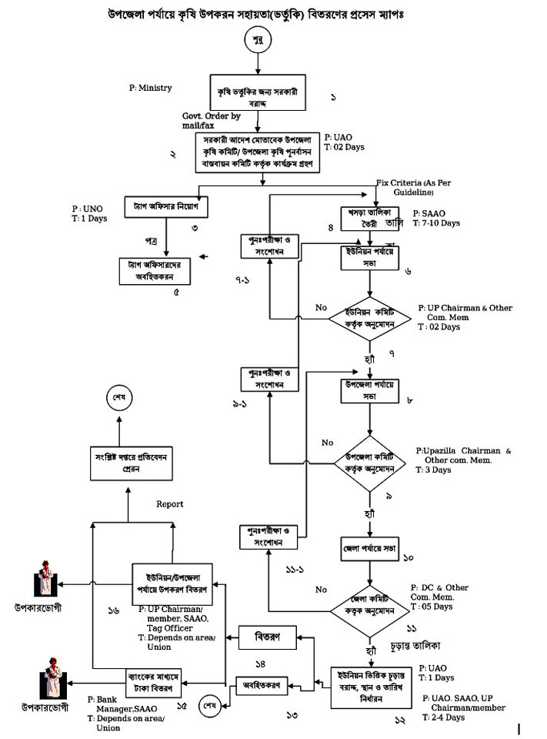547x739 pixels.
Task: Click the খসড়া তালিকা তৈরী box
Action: click(365, 217)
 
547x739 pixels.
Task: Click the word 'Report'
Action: click(169, 504)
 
